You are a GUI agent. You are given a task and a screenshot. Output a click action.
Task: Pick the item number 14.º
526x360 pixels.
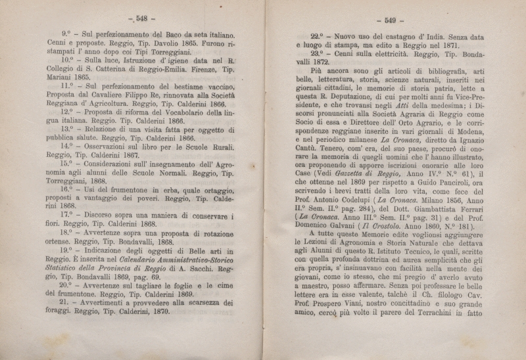[x=67, y=146]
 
